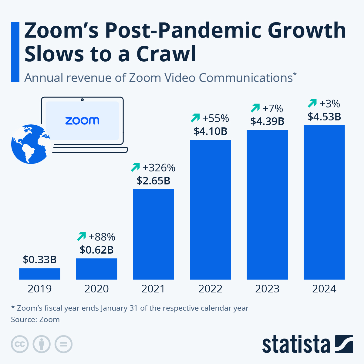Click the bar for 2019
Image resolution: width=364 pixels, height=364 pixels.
[39, 274]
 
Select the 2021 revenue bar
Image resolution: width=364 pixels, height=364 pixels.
[153, 234]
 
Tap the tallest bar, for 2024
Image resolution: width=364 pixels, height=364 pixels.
[324, 202]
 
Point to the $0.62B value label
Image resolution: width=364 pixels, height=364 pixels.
[96, 250]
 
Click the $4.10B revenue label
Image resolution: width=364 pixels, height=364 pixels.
[211, 131]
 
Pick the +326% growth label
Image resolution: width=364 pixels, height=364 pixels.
[159, 168]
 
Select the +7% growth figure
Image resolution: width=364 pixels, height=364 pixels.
[272, 109]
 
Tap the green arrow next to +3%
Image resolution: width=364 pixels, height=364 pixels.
[312, 103]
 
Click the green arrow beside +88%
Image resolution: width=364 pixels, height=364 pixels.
[82, 236]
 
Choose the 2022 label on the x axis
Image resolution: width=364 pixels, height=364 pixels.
[211, 289]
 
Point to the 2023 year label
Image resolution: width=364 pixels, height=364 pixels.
[267, 289]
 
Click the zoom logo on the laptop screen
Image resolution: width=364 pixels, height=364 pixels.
[82, 121]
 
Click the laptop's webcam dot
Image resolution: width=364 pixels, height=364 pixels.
[82, 99]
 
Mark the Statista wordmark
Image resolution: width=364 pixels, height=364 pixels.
[296, 345]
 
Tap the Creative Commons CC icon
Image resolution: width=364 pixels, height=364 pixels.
[20, 344]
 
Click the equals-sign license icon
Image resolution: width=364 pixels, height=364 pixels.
[63, 344]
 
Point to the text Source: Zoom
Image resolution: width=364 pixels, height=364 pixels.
[35, 319]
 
